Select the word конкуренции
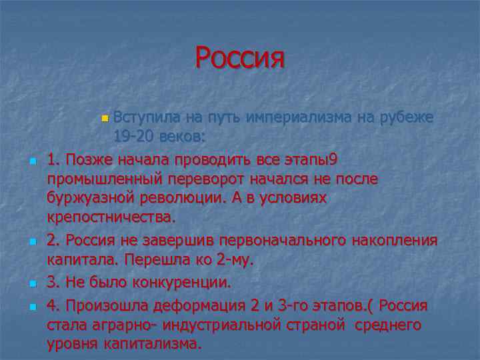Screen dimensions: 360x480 [x=174, y=283]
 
